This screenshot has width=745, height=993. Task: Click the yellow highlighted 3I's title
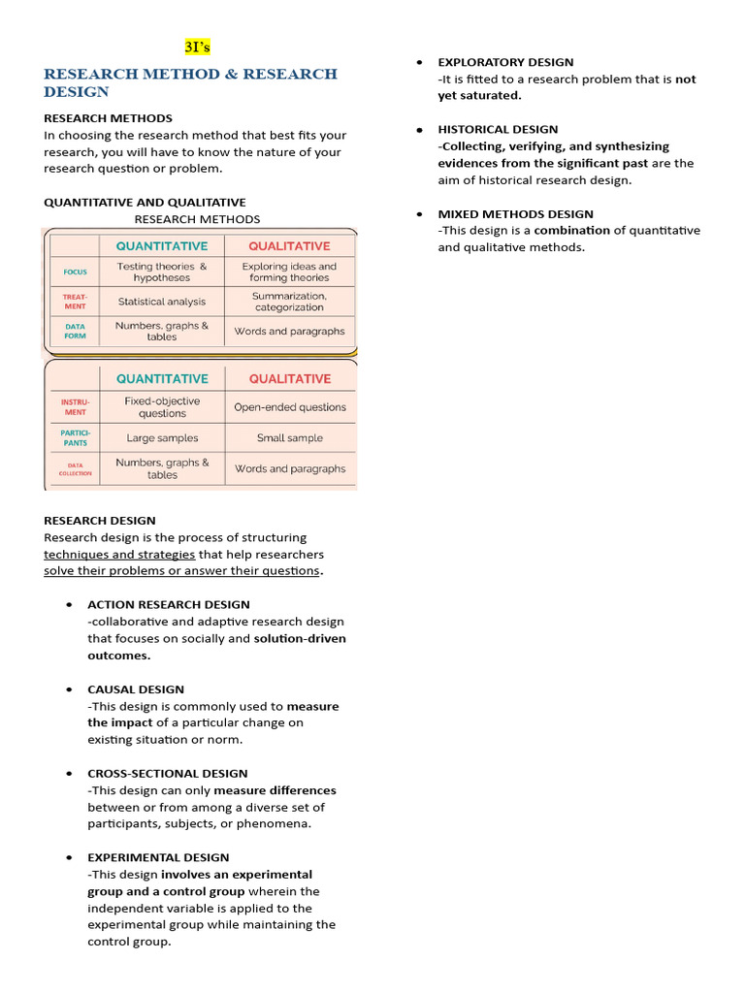click(x=198, y=47)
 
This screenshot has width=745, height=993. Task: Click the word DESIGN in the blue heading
click(x=77, y=92)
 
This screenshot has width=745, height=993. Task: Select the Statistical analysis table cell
click(x=162, y=302)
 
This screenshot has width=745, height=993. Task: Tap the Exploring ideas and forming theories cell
click(x=289, y=272)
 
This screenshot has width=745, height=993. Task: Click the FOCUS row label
click(x=75, y=272)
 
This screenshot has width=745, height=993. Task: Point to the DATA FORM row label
click(x=75, y=332)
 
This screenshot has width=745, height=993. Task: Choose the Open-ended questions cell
click(x=289, y=407)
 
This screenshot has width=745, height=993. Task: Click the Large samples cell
click(x=162, y=438)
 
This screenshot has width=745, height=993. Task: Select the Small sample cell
click(x=289, y=438)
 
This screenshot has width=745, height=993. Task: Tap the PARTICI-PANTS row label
click(x=75, y=438)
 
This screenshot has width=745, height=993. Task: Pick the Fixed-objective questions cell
click(x=162, y=407)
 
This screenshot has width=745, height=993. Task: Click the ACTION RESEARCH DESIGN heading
click(x=168, y=604)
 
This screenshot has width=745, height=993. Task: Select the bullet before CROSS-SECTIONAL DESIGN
click(x=69, y=774)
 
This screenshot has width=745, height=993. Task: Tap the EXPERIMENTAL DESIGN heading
click(x=158, y=857)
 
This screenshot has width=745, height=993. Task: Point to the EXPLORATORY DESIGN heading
click(x=505, y=62)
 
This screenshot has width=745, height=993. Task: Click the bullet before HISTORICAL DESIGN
click(x=419, y=130)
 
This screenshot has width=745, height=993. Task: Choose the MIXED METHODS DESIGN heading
click(x=515, y=213)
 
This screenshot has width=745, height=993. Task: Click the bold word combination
click(x=571, y=231)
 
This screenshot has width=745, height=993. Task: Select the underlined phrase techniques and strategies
click(x=119, y=555)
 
